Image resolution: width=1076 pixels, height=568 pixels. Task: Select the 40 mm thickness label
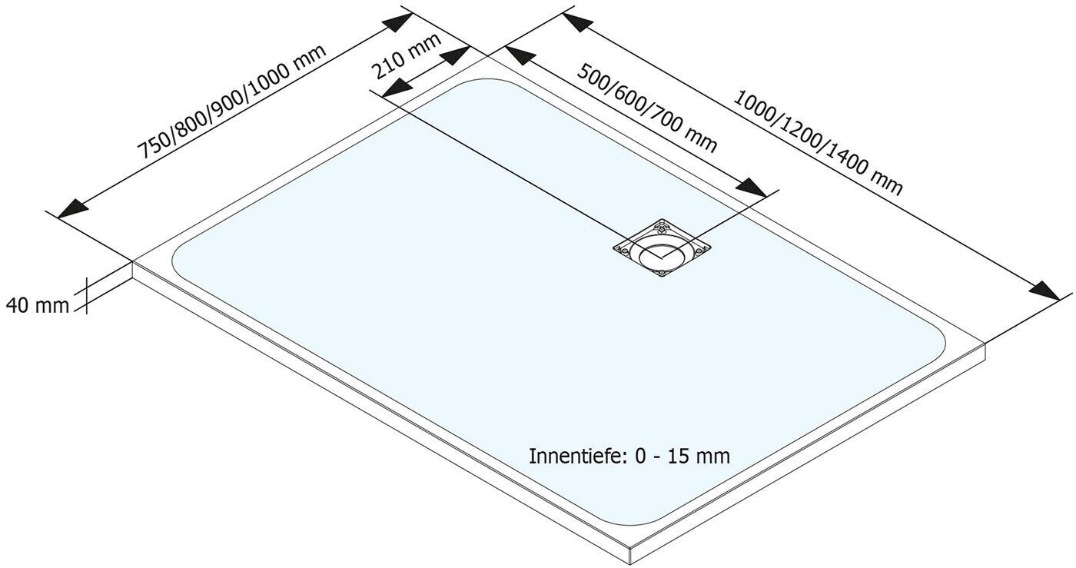(37, 305)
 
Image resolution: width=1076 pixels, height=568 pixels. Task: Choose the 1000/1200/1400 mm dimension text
(817, 143)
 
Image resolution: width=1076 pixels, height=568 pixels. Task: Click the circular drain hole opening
(659, 253)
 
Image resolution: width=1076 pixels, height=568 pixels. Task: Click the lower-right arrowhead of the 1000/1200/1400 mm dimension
(1046, 291)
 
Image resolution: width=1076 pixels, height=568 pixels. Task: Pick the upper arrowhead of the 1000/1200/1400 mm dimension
(576, 22)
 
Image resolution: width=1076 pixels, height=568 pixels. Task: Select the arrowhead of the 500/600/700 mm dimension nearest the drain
(752, 188)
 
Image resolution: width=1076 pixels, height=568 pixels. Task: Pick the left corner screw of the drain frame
(623, 247)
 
